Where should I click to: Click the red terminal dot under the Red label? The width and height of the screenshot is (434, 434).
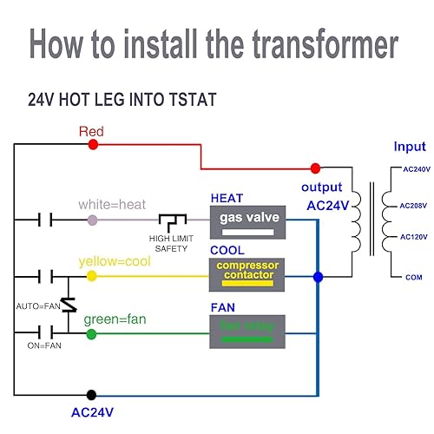pyautogui.click(x=93, y=144)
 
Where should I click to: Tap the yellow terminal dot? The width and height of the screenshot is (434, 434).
pyautogui.click(x=93, y=277)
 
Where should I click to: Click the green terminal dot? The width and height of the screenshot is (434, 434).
pyautogui.click(x=93, y=332)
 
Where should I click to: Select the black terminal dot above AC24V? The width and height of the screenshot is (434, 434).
pyautogui.click(x=93, y=394)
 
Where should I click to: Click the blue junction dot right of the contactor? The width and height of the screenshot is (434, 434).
pyautogui.click(x=318, y=277)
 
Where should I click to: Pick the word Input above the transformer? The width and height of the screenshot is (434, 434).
pyautogui.click(x=410, y=147)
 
